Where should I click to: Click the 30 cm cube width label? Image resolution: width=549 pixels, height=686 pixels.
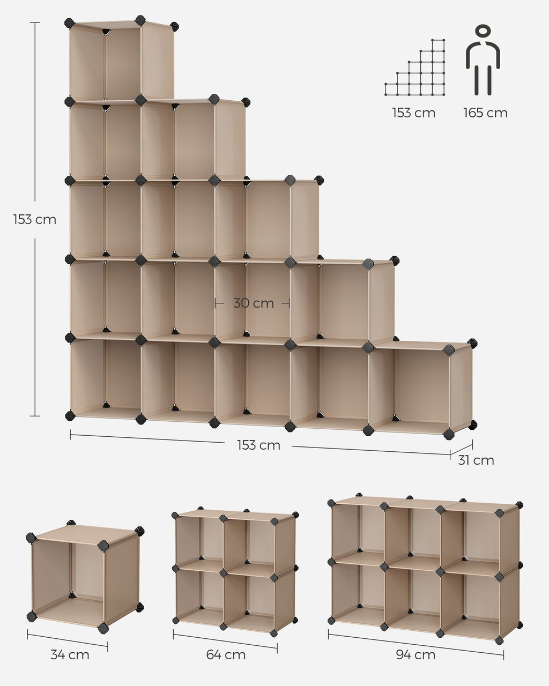coord(254,303)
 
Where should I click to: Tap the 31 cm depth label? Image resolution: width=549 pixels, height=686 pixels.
coord(476,460)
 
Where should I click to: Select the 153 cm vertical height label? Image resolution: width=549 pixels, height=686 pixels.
coord(34,220)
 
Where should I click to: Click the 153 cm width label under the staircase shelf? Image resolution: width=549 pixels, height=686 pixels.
coord(259,445)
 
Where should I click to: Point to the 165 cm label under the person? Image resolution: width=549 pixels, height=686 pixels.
coord(485,113)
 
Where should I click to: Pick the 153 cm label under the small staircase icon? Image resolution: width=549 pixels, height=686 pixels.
coord(414,113)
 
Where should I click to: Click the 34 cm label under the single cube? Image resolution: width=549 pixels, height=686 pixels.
coord(70,655)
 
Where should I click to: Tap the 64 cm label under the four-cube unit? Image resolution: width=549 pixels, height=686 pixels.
coord(226,655)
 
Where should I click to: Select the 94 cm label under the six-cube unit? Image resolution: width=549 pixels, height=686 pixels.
coord(416,655)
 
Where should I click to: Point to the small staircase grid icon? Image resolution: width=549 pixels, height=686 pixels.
coord(415,68)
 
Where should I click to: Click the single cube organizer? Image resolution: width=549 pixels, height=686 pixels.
coord(85,577)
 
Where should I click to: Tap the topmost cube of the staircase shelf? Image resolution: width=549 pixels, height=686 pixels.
coord(121,61)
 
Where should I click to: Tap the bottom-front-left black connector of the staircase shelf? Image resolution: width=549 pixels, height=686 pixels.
coord(70,415)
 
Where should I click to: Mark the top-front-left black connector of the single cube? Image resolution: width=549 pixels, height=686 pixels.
coord(31,538)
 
